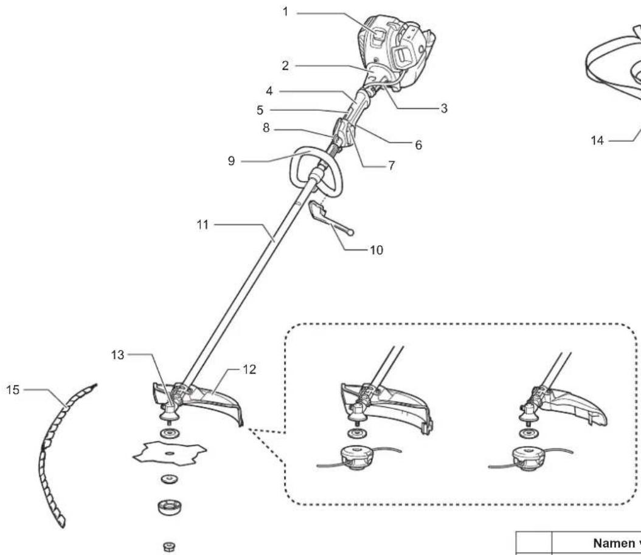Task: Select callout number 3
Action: (444, 108)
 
